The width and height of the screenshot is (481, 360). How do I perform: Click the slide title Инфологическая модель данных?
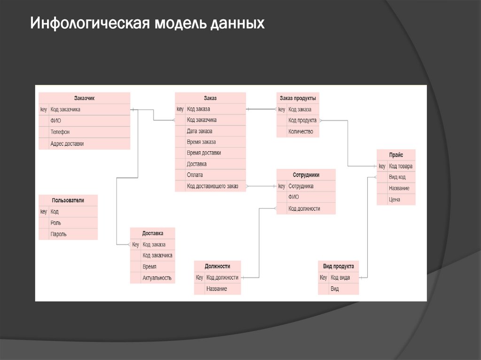[147, 23]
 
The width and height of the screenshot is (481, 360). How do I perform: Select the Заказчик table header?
[84, 98]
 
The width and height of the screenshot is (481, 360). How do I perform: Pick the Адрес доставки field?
[67, 144]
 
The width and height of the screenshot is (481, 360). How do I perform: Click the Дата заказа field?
[200, 131]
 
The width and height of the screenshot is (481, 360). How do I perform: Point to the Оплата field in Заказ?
[195, 175]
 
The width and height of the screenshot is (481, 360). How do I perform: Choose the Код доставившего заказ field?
[212, 186]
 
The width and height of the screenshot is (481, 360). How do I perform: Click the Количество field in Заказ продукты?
[301, 132]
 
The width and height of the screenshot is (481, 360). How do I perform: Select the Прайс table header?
[396, 155]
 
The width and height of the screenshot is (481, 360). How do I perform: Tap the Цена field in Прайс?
[395, 199]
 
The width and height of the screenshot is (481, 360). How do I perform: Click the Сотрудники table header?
[306, 175]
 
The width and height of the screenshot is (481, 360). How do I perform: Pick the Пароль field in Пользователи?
[59, 234]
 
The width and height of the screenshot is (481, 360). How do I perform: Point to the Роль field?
[56, 223]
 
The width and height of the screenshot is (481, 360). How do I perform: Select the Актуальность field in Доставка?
[157, 278]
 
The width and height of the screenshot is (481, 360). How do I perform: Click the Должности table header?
[217, 266]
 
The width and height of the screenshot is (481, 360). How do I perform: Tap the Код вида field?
[340, 277]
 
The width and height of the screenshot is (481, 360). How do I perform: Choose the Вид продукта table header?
[338, 266]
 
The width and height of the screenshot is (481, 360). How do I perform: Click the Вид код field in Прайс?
[397, 177]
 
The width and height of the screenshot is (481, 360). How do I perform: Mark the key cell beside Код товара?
[382, 166]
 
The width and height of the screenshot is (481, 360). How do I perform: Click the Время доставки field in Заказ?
[204, 153]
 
